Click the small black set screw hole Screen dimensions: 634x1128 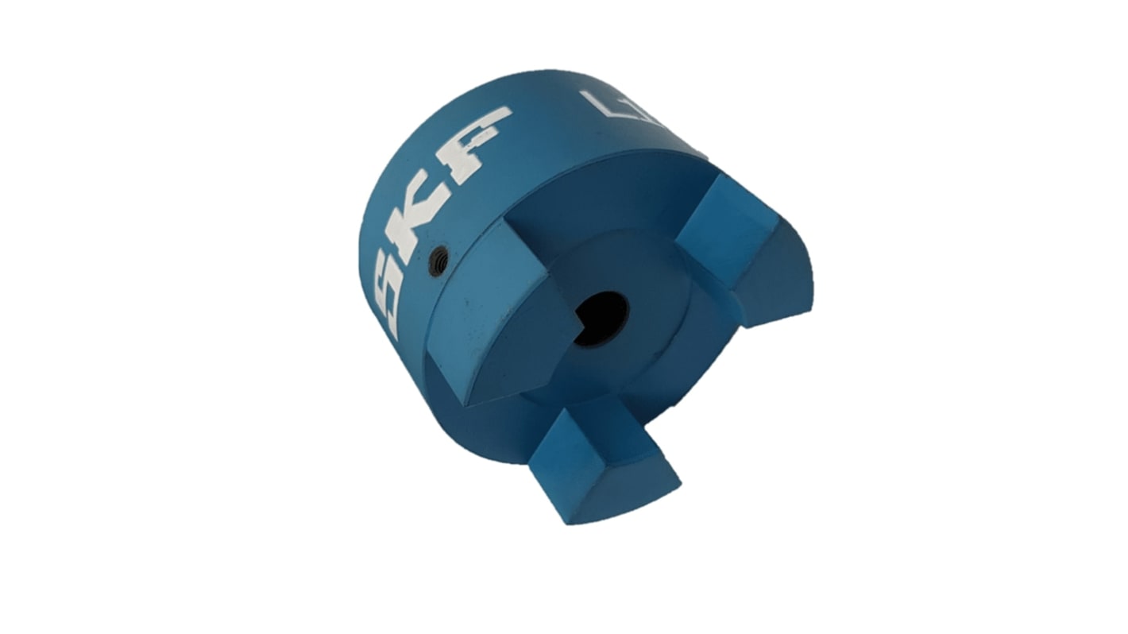438,261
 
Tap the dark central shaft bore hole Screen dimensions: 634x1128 601,318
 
